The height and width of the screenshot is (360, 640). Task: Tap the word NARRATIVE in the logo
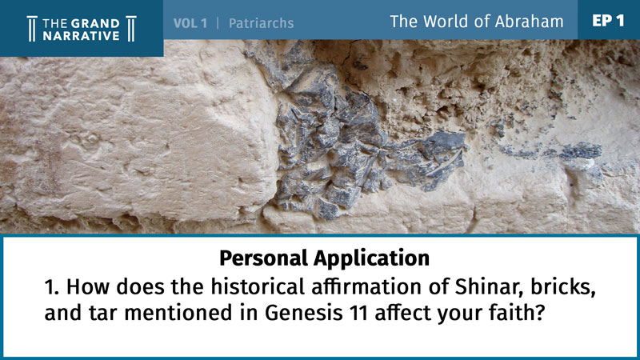click(82, 36)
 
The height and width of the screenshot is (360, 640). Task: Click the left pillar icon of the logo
click(32, 29)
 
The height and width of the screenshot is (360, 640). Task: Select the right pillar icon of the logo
click(131, 29)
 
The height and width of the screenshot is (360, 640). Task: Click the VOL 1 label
click(190, 23)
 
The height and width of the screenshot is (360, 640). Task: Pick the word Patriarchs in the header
click(262, 23)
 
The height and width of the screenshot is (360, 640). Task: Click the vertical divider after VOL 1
click(218, 23)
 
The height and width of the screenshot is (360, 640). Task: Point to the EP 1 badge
click(608, 21)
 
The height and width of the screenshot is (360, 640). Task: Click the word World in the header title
click(445, 22)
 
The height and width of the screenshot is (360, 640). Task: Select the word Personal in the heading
click(264, 258)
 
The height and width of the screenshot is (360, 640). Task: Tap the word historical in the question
click(258, 286)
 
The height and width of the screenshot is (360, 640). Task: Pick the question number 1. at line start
click(52, 287)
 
